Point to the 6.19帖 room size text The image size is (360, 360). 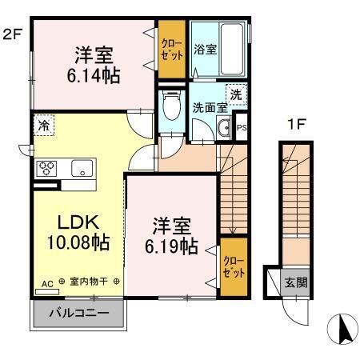click(x=172, y=246)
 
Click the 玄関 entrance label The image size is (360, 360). click(x=296, y=282)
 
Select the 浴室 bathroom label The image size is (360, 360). click(x=204, y=50)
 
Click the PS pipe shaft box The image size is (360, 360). click(x=242, y=126)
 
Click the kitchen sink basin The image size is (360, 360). click(x=82, y=169)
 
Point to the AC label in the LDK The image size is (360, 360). click(x=46, y=282)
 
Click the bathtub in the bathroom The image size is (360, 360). click(x=231, y=50)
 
